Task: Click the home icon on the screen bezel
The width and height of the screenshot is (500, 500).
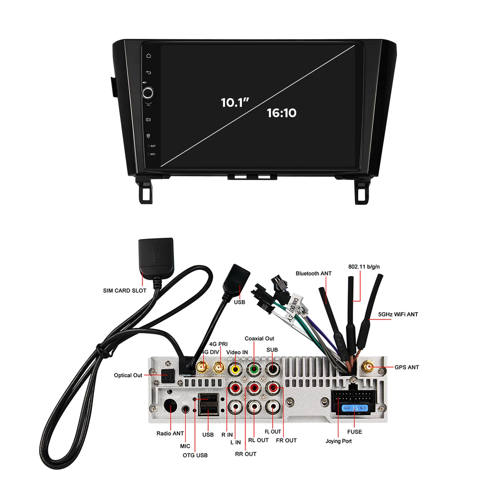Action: pos(148,56)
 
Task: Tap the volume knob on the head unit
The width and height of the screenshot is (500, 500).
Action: pos(148,93)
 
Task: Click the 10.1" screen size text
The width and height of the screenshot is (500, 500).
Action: pos(234,102)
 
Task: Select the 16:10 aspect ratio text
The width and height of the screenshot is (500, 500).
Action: pos(281,113)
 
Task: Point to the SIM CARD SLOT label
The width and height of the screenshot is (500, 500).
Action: pos(125,291)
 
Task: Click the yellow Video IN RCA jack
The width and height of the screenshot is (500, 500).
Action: pos(235,369)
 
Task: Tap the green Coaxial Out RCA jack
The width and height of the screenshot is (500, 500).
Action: pos(254,369)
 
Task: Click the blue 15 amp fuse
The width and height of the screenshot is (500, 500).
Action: pos(355,408)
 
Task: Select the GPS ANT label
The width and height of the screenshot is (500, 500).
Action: pos(407,367)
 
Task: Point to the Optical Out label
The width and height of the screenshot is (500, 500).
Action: pos(128,375)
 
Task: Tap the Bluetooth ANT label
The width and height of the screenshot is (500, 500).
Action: pos(313,273)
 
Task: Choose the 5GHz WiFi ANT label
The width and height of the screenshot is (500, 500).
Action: pos(398,314)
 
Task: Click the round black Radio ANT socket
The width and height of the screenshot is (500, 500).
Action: pos(170,406)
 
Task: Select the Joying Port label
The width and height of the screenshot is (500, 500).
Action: pos(338,441)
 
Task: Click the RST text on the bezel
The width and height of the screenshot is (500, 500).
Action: pos(153,146)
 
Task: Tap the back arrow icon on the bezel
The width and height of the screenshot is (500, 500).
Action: pos(148,72)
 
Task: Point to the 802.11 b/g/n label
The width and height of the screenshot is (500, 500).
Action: pos(364,267)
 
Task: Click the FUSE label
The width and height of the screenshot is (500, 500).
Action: pos(354,432)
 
